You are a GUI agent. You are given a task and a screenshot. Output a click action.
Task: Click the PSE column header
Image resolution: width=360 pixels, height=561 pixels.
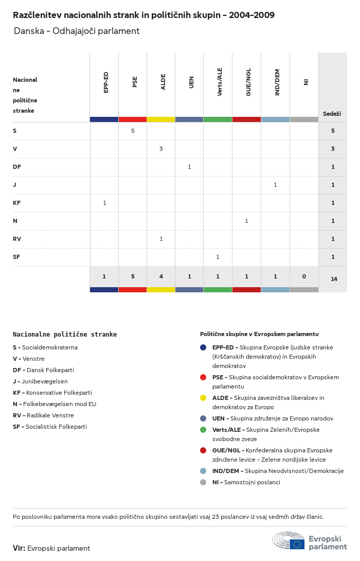tap(135, 82)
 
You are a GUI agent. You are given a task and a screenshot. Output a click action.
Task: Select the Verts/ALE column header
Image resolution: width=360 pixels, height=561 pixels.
tap(220, 82)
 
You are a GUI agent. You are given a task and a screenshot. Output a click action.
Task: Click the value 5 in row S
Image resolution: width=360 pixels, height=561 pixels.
tap(133, 131)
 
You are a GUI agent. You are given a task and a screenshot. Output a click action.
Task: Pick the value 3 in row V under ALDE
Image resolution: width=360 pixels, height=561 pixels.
tap(161, 149)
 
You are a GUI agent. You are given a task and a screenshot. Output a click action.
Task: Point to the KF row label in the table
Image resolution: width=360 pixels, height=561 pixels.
tap(16, 203)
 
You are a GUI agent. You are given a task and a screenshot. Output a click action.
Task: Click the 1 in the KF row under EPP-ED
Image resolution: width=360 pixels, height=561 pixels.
tap(104, 203)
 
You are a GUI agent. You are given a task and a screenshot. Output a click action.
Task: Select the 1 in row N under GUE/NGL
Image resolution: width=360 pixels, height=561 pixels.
tap(246, 221)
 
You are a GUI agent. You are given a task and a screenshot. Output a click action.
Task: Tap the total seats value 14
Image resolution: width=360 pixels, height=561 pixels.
tap(334, 279)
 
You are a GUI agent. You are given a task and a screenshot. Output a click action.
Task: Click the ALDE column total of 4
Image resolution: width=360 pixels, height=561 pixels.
tap(161, 276)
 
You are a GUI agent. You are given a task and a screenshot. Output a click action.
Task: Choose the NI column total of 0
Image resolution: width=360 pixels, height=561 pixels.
tap(304, 276)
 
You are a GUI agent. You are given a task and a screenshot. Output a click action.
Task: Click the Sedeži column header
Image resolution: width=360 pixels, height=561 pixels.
tap(332, 114)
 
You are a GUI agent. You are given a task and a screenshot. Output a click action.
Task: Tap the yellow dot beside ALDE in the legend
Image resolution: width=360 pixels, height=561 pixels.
tap(203, 398)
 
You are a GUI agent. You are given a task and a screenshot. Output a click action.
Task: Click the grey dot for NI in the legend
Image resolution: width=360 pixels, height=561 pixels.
tap(203, 482)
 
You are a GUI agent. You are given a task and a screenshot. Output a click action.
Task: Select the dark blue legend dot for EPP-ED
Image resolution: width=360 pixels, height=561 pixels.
tap(203, 347)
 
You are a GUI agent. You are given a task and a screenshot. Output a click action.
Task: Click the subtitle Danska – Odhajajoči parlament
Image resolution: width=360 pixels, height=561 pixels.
tap(77, 31)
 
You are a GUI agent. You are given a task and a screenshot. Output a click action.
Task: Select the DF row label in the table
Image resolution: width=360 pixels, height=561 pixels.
tap(17, 167)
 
